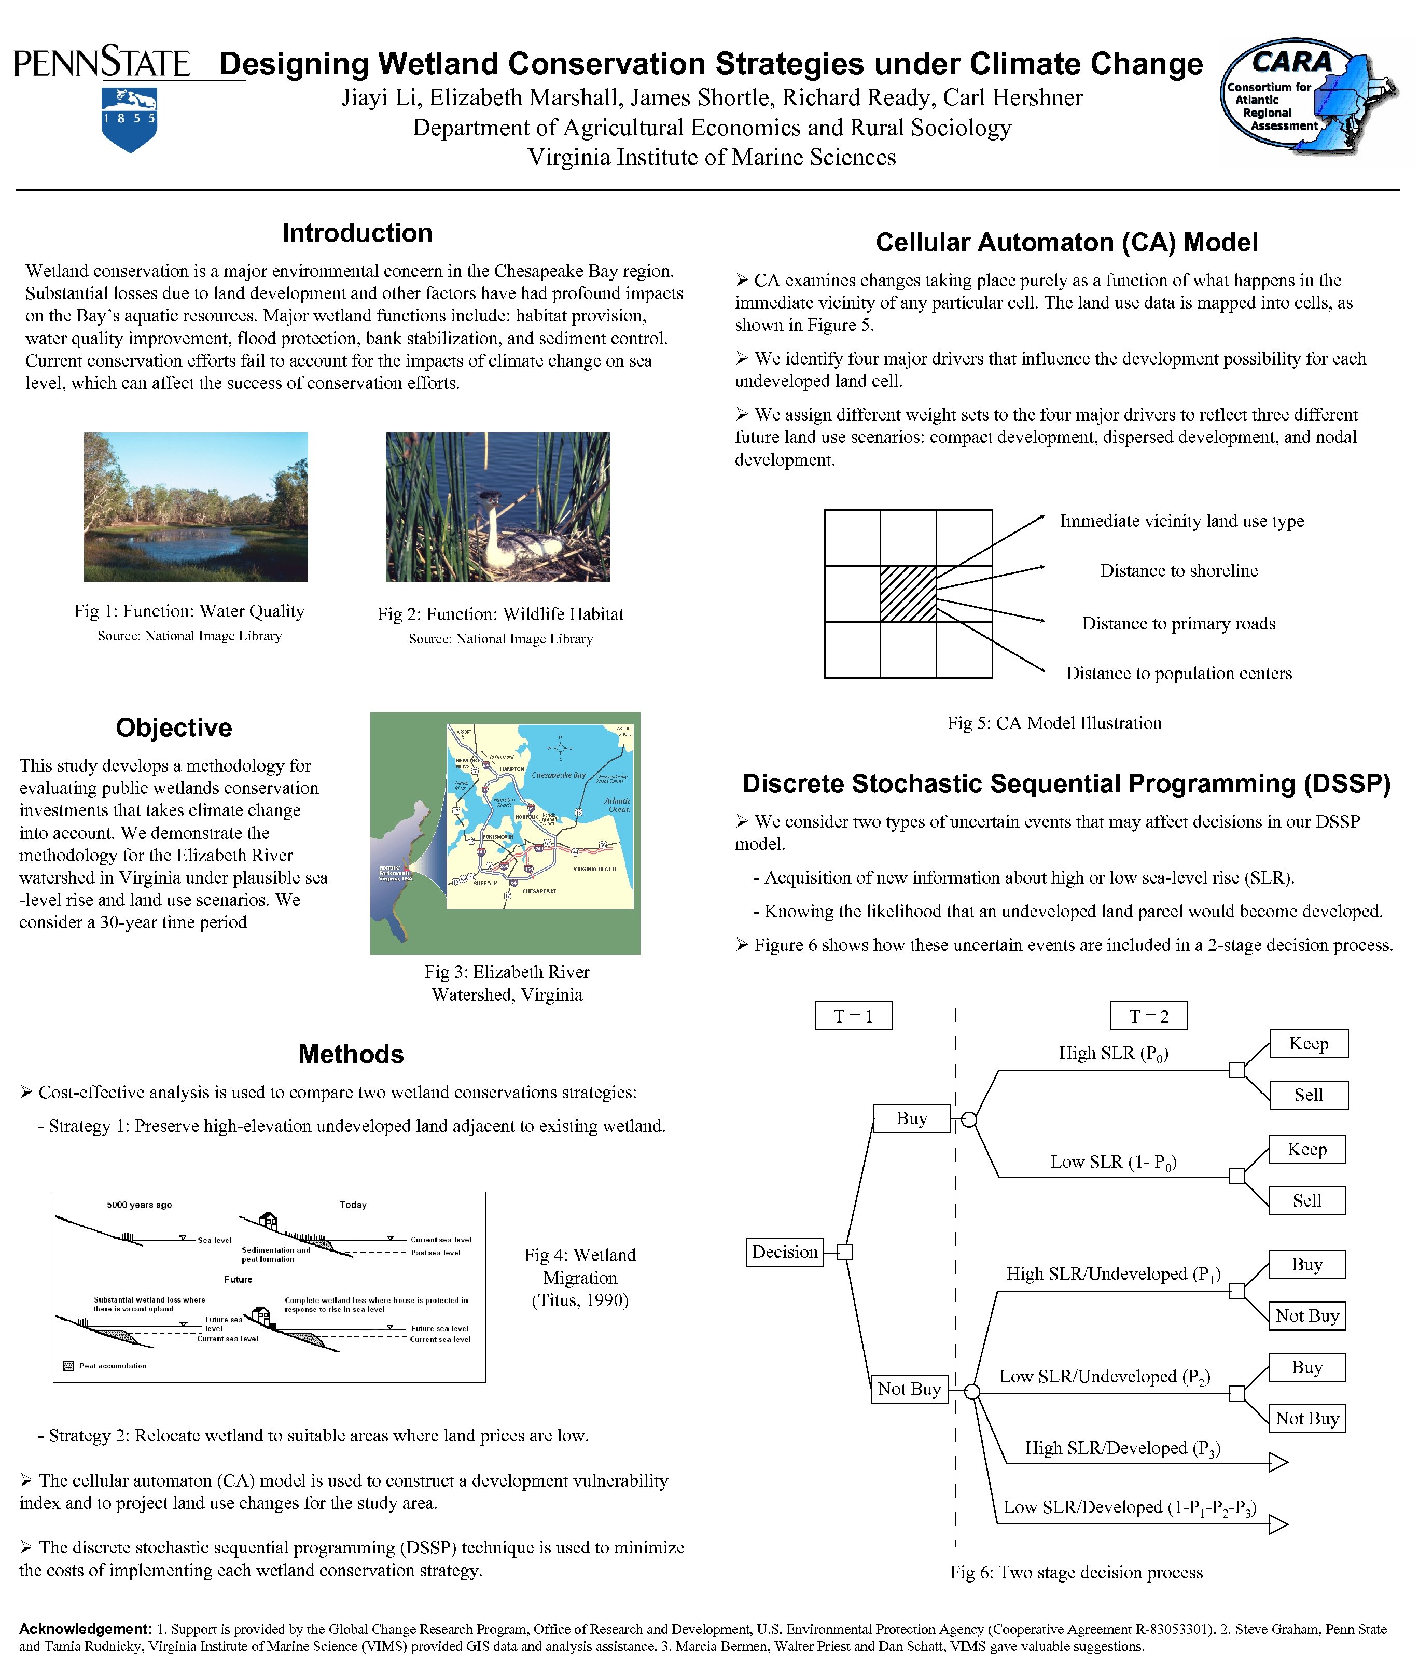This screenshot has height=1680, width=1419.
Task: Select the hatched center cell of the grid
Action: click(x=908, y=594)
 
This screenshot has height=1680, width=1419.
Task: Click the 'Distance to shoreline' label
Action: click(x=1178, y=571)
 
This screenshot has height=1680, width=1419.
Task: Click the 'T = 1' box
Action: click(x=853, y=1016)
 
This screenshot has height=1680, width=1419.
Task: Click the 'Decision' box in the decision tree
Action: click(x=784, y=1251)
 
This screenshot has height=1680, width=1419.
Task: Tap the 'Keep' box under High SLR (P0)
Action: click(x=1308, y=1043)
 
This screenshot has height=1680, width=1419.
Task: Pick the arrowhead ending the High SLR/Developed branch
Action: click(x=1278, y=1461)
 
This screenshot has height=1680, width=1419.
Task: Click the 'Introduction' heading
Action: click(x=357, y=233)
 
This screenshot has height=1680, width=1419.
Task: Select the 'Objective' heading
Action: click(x=174, y=728)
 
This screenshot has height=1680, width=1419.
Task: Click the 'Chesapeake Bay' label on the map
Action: click(x=558, y=775)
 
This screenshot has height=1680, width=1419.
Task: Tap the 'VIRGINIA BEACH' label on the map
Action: click(x=594, y=869)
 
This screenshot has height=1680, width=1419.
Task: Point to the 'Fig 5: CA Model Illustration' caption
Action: click(x=1054, y=723)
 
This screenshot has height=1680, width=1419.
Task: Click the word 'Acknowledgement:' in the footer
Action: click(x=85, y=1629)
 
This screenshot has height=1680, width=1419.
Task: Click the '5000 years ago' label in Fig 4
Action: click(x=139, y=1205)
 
